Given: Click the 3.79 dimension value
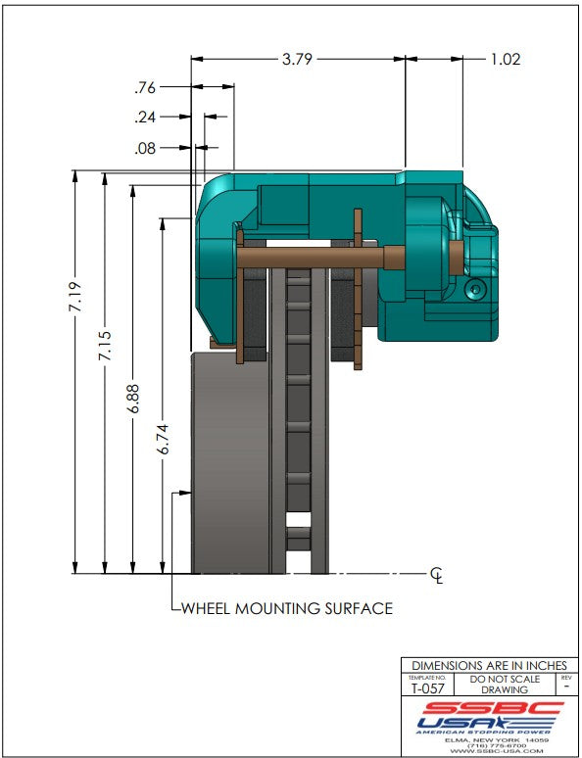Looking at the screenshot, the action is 297,59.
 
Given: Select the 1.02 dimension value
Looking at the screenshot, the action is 506,59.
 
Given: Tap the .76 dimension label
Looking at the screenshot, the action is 145,87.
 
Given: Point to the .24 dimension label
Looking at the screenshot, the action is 145,117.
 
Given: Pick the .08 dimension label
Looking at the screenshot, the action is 145,148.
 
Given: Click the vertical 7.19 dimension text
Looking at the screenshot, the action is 75,298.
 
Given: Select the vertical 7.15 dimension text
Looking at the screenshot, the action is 105,345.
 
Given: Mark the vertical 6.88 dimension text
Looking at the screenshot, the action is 133,399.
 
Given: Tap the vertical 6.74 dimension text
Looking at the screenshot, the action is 163,439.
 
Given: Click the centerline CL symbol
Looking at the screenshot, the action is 436,575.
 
